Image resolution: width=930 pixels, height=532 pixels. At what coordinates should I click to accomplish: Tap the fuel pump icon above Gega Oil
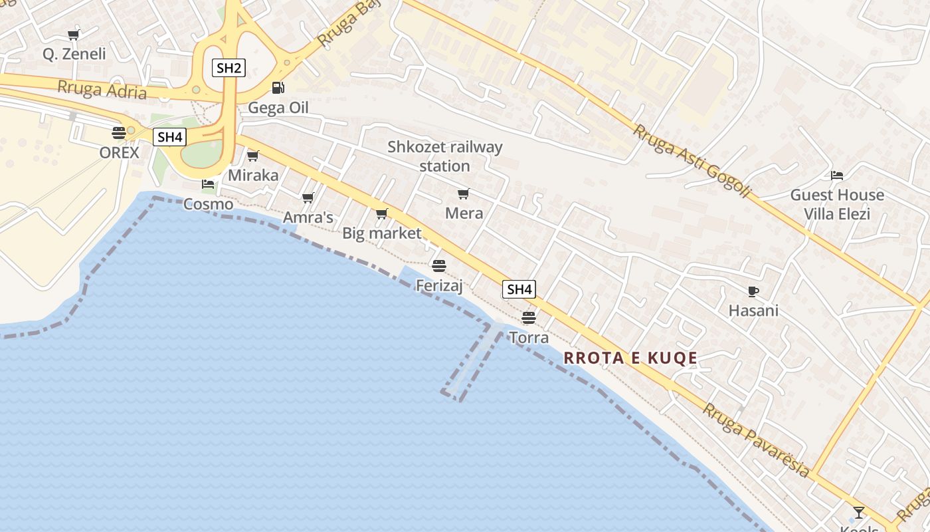click(x=278, y=88)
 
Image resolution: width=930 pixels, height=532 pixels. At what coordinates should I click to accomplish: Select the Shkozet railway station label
click(x=445, y=156)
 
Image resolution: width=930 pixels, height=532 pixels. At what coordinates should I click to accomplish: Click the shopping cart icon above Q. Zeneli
click(x=74, y=35)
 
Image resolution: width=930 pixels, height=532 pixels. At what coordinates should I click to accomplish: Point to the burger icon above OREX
click(x=119, y=133)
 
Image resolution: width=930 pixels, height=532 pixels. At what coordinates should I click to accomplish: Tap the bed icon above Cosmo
click(x=208, y=184)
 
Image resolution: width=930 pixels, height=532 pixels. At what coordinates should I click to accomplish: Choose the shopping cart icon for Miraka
click(x=252, y=156)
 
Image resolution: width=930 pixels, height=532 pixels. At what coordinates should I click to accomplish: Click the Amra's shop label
click(x=308, y=217)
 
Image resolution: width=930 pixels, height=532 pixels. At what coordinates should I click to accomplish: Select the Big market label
click(x=381, y=233)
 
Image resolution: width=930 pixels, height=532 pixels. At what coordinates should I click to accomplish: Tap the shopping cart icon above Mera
click(x=463, y=194)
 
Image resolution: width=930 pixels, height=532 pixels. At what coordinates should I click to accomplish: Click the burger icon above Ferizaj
click(x=438, y=266)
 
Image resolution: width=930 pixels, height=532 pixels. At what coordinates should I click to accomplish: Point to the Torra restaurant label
click(x=529, y=338)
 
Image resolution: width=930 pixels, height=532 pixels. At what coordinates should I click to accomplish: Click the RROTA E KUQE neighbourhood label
click(x=630, y=358)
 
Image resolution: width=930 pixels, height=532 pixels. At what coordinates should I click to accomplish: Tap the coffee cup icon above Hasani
click(x=753, y=291)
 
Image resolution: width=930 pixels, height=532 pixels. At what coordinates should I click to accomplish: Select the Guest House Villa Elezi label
click(x=836, y=204)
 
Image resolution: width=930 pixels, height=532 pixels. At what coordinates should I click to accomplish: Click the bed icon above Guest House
click(x=837, y=176)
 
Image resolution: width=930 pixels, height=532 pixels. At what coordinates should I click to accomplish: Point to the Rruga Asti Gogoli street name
click(x=691, y=161)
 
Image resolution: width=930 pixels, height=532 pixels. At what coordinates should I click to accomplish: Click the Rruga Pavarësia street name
click(x=756, y=440)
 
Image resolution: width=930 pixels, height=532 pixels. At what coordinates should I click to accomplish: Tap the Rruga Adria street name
click(x=102, y=89)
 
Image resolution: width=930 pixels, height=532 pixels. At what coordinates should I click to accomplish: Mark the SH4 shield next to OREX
click(x=170, y=138)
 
